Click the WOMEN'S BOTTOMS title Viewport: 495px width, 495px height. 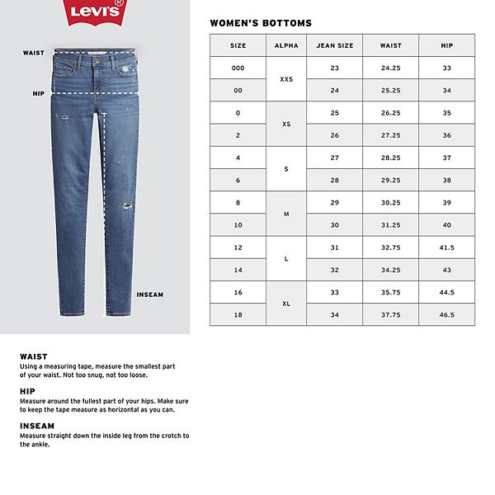coord(261,23)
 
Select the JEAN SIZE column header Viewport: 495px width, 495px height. coord(334,46)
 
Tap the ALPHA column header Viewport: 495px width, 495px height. coord(286,46)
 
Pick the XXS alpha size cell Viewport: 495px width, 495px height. coord(286,79)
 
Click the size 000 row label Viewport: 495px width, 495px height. coord(238,68)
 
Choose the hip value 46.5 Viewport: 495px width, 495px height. coord(447,314)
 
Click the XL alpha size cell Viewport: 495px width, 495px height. coord(286,304)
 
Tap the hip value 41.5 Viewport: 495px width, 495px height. coord(447,247)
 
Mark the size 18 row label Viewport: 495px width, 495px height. coord(238,314)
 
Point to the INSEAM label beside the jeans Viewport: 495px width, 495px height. coord(149,295)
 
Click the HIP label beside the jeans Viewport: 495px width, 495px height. coord(38,94)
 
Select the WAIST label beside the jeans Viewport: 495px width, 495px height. coord(34,52)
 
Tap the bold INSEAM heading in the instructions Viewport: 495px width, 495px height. coord(38,427)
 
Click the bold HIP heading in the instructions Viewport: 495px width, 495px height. coord(27,392)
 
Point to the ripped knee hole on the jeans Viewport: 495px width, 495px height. coord(127,206)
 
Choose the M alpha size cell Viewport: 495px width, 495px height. coord(286,214)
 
